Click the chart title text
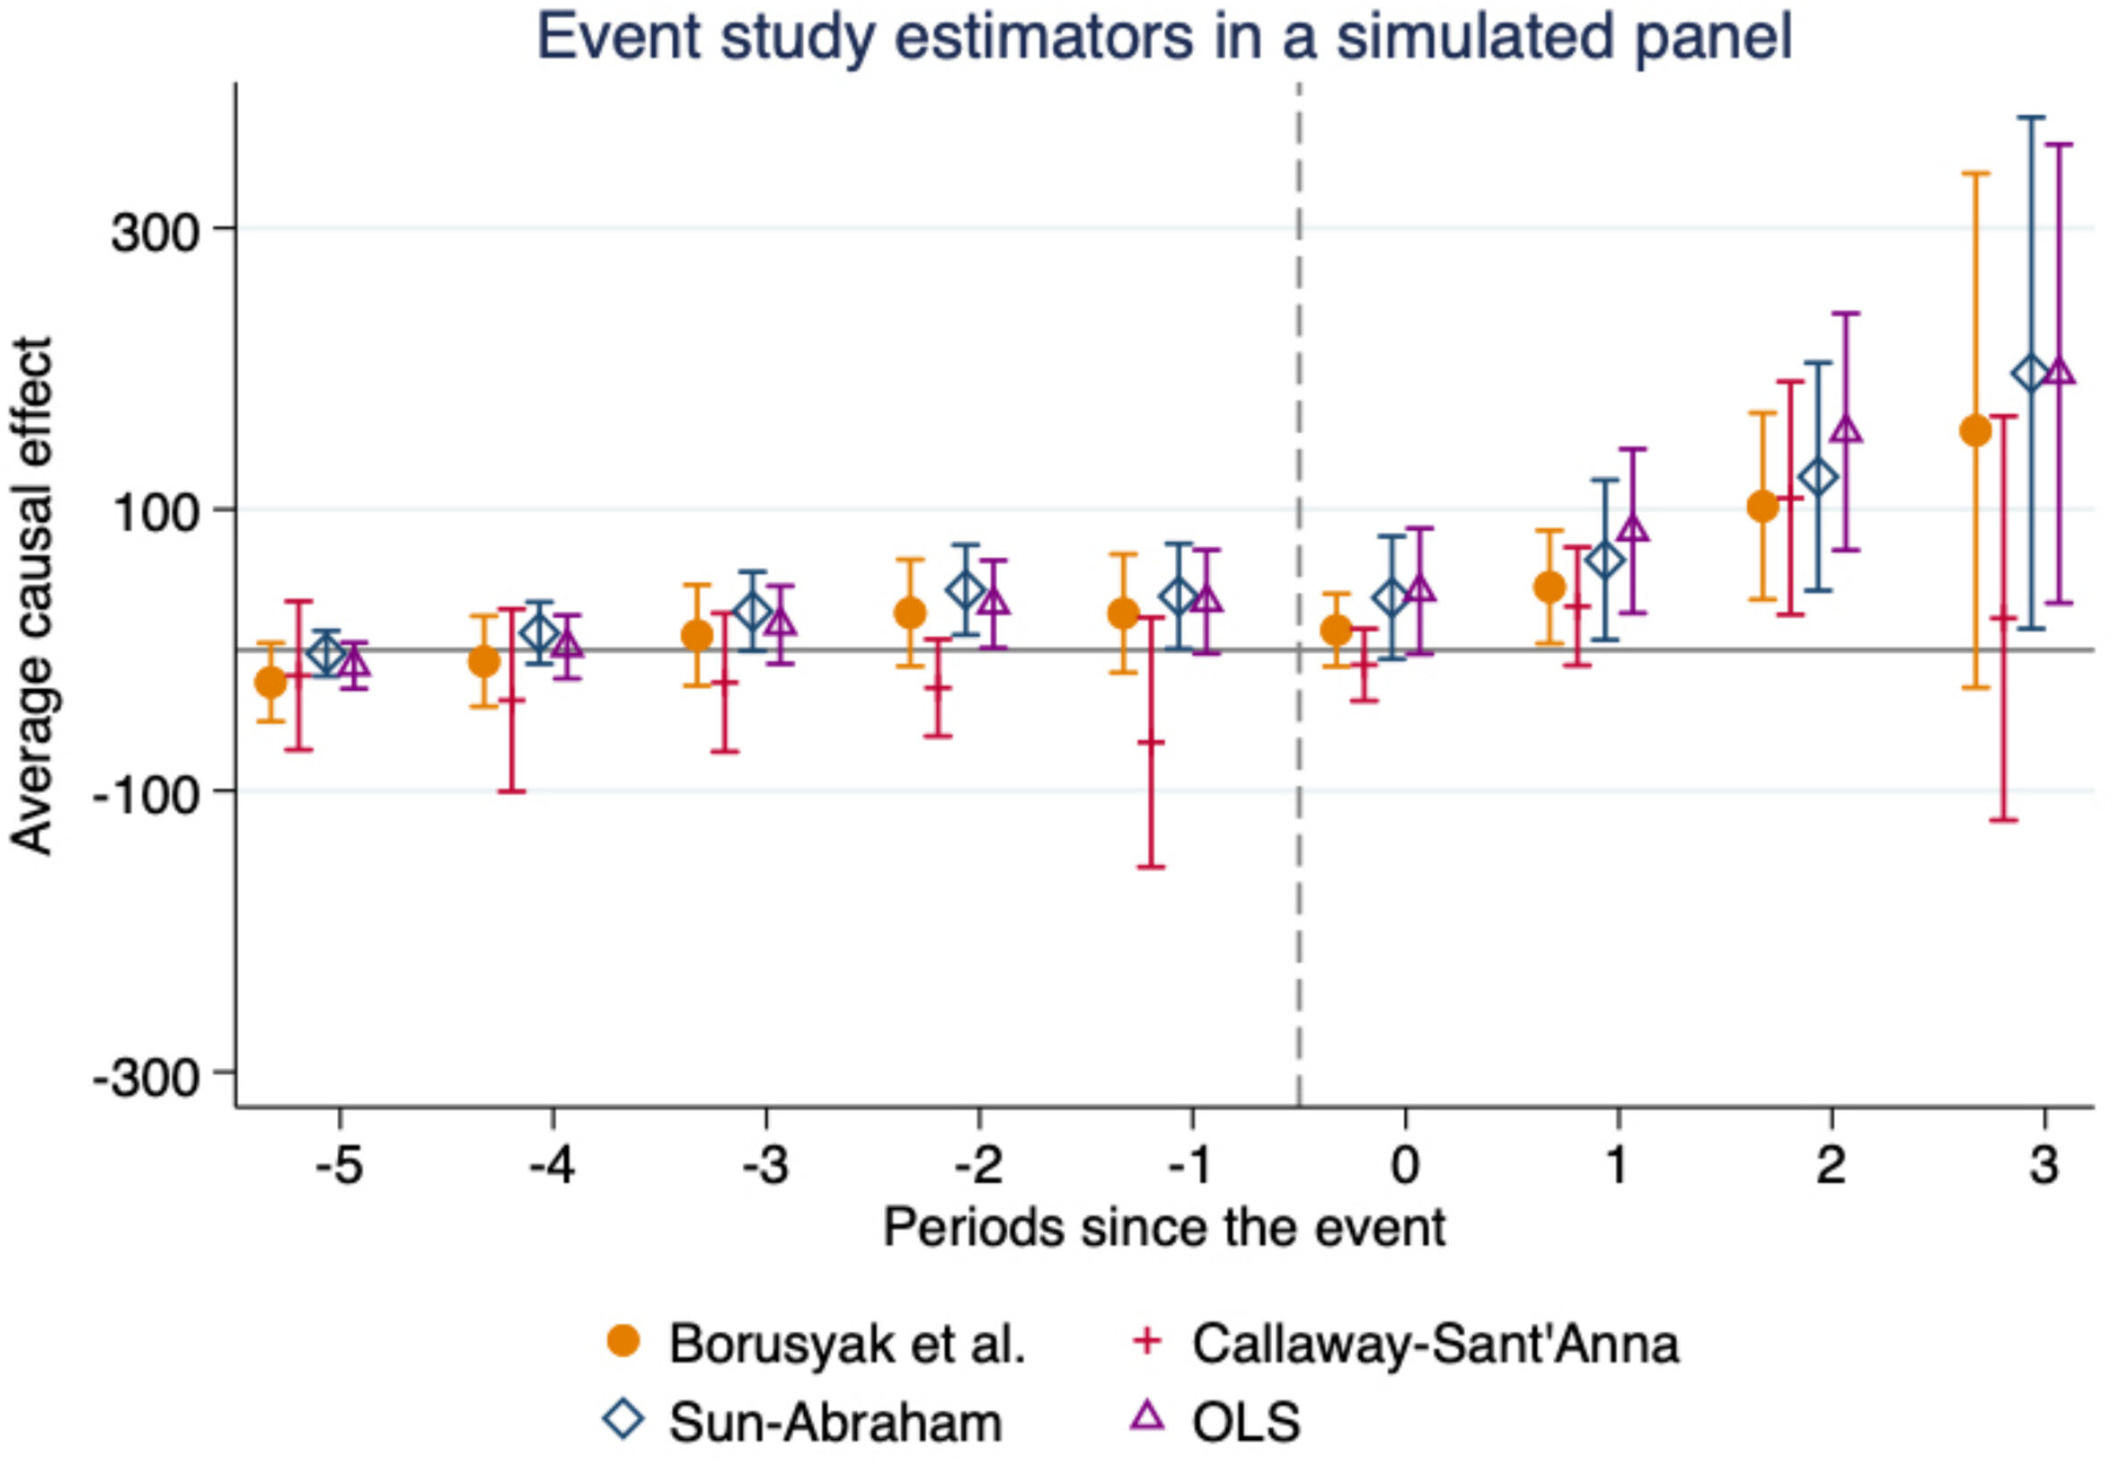(x=1164, y=38)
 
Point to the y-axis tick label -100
(x=147, y=793)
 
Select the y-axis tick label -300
(x=147, y=1075)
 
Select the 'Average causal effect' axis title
(x=33, y=596)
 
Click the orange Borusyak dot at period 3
(x=1975, y=430)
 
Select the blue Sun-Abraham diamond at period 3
(x=2031, y=374)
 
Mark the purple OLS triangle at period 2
(x=1845, y=430)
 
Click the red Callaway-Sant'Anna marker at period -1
(x=1151, y=741)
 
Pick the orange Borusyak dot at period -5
(x=271, y=683)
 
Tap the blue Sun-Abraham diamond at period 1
(x=1604, y=560)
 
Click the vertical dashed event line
(x=1299, y=826)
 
